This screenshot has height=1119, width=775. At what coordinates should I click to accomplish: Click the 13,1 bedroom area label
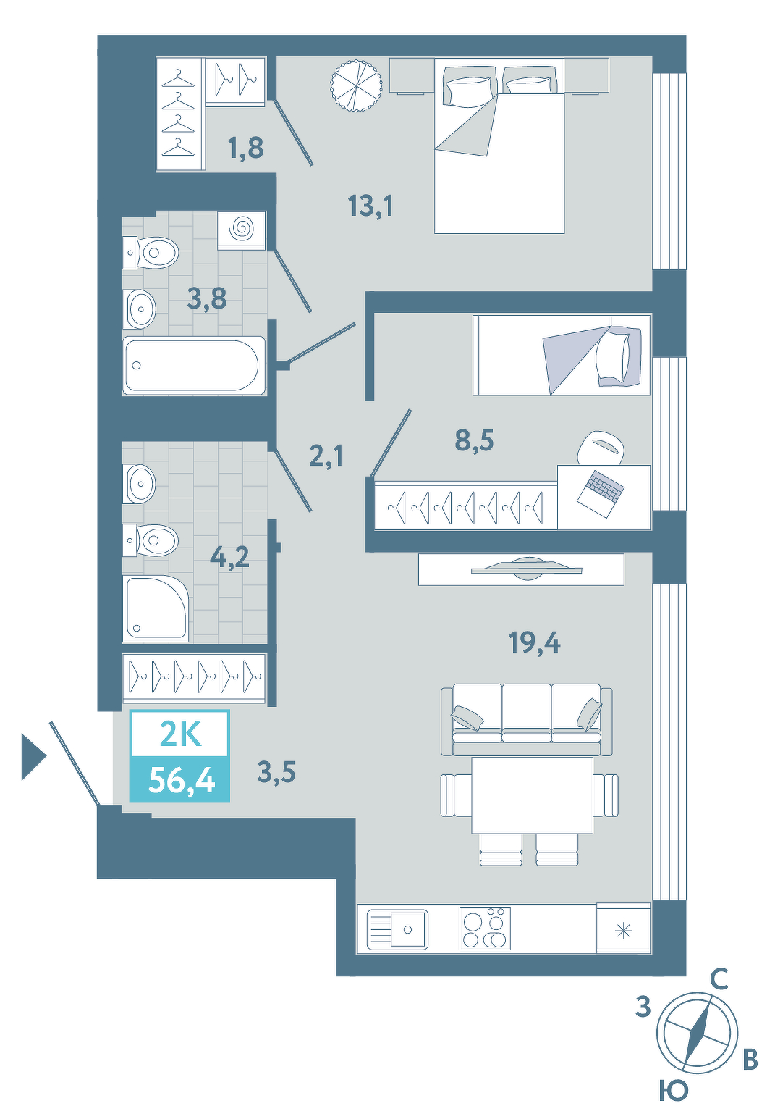click(x=371, y=206)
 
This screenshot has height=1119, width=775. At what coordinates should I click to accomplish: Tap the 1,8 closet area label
click(x=245, y=147)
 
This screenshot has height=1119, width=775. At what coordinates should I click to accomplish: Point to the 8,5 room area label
click(x=474, y=440)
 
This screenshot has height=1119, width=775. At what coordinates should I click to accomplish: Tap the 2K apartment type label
click(x=179, y=734)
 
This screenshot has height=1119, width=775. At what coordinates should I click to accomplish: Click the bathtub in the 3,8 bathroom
click(x=194, y=366)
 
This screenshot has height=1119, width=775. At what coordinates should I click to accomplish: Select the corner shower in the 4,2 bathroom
click(x=156, y=608)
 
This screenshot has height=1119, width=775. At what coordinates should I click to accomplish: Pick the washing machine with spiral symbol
click(x=242, y=230)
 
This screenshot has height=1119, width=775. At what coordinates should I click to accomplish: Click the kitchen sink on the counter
click(x=397, y=929)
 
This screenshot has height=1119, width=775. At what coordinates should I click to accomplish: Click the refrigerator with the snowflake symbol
click(x=623, y=927)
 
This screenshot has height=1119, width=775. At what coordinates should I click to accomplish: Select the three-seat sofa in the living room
click(x=527, y=719)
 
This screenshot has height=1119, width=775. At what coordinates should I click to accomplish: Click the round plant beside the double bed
click(x=356, y=85)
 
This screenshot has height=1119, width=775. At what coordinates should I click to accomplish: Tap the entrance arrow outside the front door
click(x=34, y=756)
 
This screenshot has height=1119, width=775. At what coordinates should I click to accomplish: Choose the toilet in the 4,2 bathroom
click(x=151, y=540)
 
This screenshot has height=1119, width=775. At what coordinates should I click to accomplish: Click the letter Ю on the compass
click(x=674, y=1090)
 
